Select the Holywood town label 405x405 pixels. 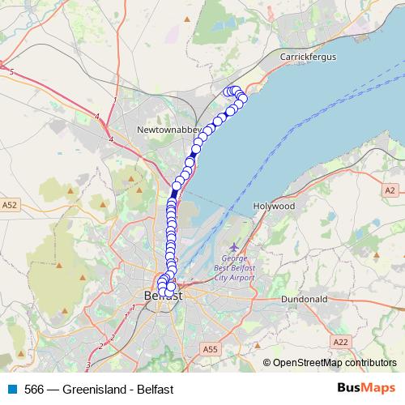(x=273, y=207)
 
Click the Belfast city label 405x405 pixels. (x=163, y=296)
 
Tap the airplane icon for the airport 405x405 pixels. (x=235, y=247)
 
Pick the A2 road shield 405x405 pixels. (x=391, y=190)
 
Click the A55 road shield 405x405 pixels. (x=211, y=348)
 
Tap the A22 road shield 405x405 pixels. (x=341, y=343)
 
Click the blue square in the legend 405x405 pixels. (x=11, y=389)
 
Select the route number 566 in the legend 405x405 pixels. (x=34, y=389)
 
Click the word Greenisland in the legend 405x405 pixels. (x=92, y=389)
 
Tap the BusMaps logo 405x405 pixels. (x=365, y=388)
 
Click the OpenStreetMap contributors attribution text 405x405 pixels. (x=334, y=364)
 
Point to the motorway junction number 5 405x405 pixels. (x=12, y=73)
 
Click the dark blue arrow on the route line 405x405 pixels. (x=175, y=192)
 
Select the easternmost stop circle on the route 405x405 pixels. (x=243, y=98)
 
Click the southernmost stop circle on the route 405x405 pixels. (x=170, y=287)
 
